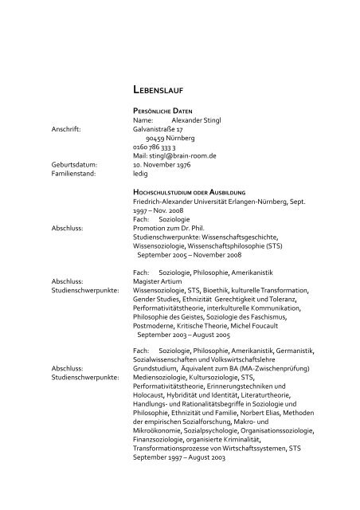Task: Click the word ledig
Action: (141, 176)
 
